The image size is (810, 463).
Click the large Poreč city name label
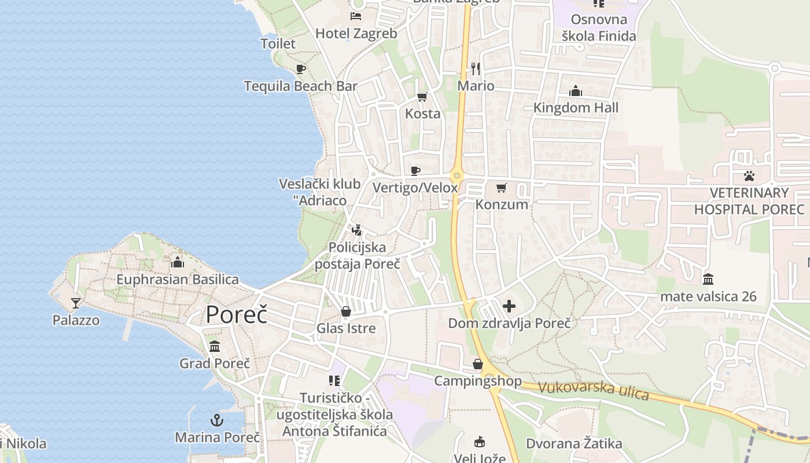(237, 314)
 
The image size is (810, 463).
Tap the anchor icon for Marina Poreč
(217, 420)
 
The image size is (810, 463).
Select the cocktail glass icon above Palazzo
(75, 303)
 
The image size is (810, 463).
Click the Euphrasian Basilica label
(178, 280)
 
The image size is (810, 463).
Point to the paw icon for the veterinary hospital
(749, 175)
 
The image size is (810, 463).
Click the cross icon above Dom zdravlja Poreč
(509, 306)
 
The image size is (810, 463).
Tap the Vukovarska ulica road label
(593, 391)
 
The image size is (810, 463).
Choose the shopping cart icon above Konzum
(502, 188)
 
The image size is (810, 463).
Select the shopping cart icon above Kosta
(422, 97)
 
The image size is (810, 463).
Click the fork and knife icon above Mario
(476, 69)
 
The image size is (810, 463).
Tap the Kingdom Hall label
(576, 108)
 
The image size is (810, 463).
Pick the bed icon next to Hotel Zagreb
(356, 16)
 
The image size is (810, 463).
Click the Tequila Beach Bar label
(300, 86)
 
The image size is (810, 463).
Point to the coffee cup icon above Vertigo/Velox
(415, 171)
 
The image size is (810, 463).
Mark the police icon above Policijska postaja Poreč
(357, 230)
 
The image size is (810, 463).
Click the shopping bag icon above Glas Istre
(346, 311)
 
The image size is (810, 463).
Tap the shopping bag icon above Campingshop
(478, 364)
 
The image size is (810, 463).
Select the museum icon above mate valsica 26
(708, 280)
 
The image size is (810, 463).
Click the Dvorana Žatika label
(574, 444)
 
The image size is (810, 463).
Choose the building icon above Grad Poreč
(215, 347)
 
